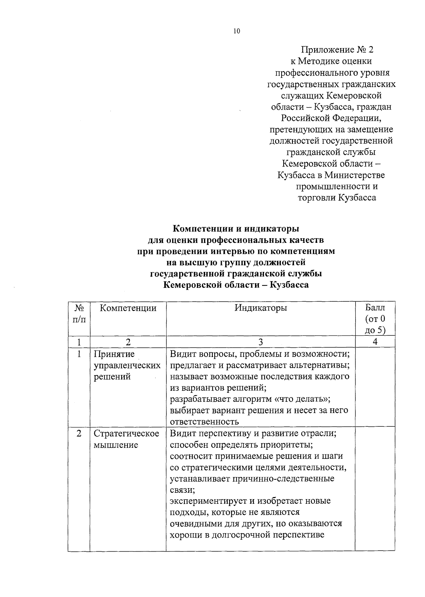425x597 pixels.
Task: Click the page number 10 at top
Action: pyautogui.click(x=237, y=31)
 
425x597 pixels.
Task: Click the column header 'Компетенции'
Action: pyautogui.click(x=128, y=308)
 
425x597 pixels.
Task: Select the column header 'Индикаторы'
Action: pyautogui.click(x=261, y=308)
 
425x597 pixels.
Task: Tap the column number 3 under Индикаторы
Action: pyautogui.click(x=261, y=342)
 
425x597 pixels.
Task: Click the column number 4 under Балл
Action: pyautogui.click(x=375, y=342)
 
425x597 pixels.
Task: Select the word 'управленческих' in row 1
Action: pyautogui.click(x=127, y=365)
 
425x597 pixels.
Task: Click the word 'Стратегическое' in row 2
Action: pyautogui.click(x=126, y=434)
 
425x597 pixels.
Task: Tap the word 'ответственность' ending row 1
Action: pyautogui.click(x=204, y=422)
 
